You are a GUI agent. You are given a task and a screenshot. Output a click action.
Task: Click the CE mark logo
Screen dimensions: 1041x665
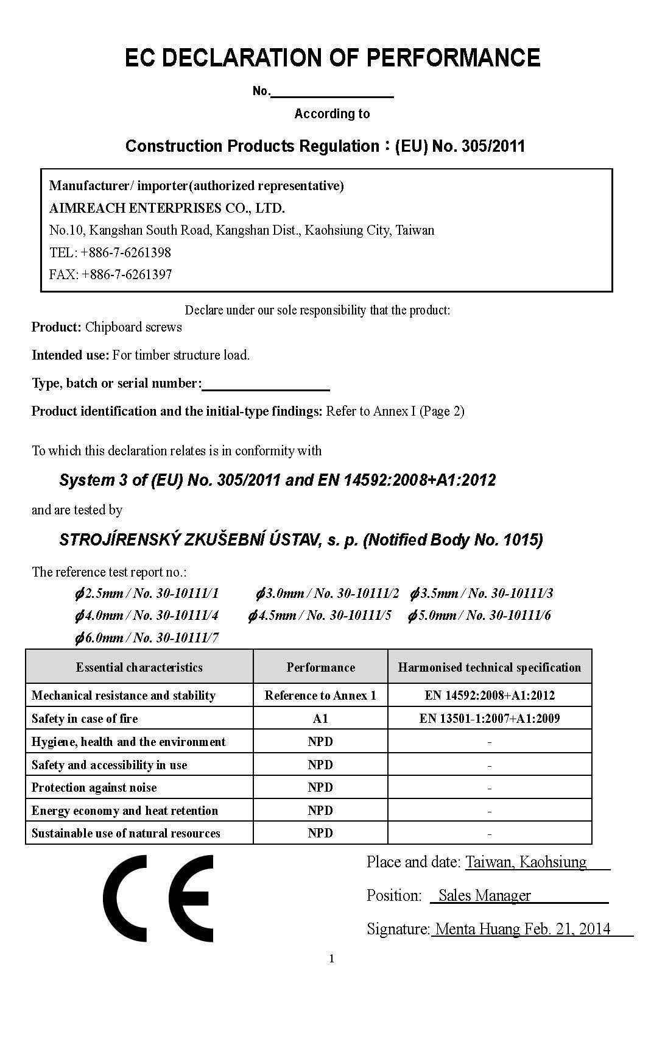click(158, 898)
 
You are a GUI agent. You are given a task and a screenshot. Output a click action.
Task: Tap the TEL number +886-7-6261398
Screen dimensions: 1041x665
click(125, 252)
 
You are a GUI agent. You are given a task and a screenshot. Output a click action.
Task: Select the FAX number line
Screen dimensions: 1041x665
click(110, 274)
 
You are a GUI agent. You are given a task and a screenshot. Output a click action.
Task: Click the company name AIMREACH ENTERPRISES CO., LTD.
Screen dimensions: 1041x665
click(167, 208)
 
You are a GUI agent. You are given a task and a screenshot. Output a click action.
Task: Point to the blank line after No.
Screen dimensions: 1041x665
click(332, 92)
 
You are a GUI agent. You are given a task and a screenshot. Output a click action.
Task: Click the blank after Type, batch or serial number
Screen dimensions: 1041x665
click(266, 384)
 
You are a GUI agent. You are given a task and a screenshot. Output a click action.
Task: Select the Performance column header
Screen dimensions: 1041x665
click(320, 667)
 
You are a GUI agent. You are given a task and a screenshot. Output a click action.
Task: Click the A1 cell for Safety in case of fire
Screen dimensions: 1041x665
click(320, 719)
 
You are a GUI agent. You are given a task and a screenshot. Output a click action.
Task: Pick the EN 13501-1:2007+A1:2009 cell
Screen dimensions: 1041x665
click(489, 719)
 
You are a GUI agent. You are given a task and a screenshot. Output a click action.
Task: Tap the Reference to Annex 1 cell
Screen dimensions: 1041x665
click(320, 695)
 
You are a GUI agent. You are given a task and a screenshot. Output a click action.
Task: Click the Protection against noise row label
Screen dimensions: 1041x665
click(94, 787)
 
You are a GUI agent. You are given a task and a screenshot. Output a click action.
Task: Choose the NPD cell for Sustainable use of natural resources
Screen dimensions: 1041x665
click(320, 833)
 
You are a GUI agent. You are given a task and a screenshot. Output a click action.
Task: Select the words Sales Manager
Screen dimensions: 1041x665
click(484, 895)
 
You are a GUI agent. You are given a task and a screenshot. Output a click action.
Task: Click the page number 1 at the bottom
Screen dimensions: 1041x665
click(332, 959)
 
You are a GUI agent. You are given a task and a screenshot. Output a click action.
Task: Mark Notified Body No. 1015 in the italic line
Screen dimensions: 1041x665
click(452, 540)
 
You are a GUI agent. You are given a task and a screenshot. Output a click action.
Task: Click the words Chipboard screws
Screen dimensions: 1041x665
click(133, 327)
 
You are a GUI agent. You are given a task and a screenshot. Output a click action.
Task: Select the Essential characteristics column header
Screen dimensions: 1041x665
click(139, 667)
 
